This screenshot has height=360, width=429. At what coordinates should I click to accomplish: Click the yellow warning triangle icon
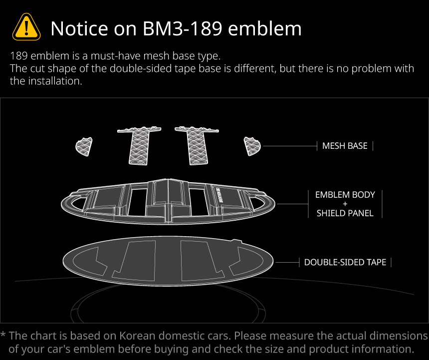[x=26, y=27]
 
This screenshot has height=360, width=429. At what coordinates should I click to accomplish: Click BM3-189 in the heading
[x=181, y=28]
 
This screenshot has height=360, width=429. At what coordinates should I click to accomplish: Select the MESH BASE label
[x=345, y=146]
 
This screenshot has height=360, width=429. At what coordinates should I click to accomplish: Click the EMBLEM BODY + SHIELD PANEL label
[x=345, y=204]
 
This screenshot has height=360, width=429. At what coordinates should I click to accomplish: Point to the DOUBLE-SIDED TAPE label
[x=345, y=262]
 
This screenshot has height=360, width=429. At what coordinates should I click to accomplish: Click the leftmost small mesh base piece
[x=84, y=146]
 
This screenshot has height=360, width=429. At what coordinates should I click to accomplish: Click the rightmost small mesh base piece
[x=252, y=146]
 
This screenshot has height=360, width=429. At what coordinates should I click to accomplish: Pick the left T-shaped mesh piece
[x=140, y=144]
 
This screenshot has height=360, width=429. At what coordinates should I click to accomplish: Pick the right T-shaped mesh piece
[x=196, y=144]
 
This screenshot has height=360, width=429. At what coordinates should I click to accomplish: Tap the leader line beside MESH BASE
[x=289, y=146]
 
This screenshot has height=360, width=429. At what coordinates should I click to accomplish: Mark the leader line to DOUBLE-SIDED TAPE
[x=287, y=262]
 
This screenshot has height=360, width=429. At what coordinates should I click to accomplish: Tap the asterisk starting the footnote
[x=3, y=335]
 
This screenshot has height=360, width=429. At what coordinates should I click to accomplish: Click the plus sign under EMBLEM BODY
[x=345, y=204]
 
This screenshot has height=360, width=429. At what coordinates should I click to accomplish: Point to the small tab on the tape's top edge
[x=237, y=242]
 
